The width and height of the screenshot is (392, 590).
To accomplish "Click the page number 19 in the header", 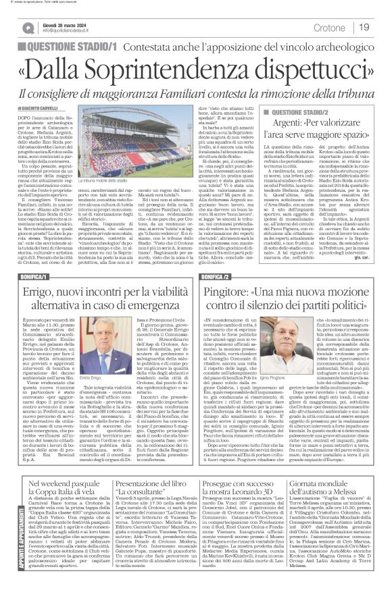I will tap(364, 28).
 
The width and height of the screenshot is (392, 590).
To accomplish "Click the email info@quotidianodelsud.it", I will tap(75, 31).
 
